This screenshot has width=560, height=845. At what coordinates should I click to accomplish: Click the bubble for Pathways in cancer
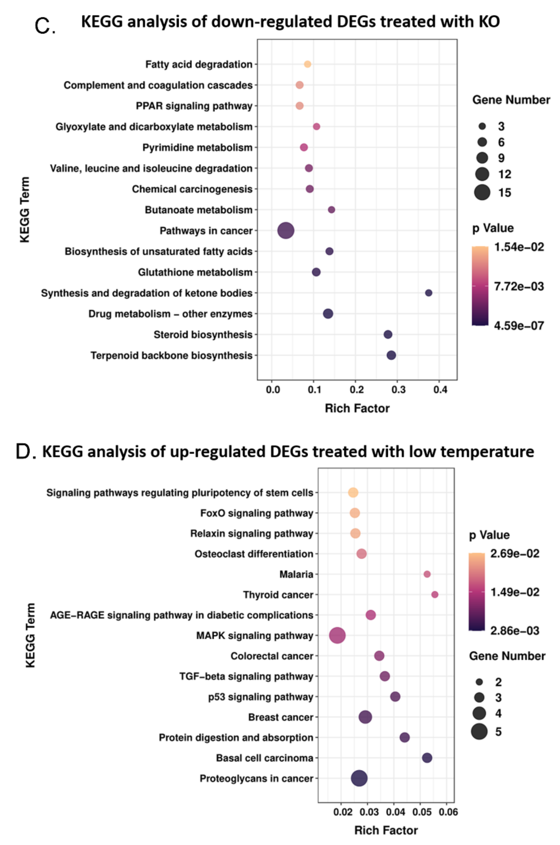(286, 231)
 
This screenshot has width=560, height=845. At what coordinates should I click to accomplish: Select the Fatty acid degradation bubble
(307, 64)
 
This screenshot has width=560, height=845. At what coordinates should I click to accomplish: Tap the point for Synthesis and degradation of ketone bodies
(429, 293)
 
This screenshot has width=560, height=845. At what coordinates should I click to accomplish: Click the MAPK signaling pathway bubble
(337, 635)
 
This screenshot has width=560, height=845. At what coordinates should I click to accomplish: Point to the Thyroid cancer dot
(435, 594)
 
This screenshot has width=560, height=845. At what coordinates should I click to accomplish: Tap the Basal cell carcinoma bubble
(427, 758)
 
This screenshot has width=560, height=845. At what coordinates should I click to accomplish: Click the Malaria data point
(427, 574)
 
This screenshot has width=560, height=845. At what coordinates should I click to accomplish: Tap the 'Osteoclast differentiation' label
(254, 554)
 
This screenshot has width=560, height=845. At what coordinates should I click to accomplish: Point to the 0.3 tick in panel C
(398, 389)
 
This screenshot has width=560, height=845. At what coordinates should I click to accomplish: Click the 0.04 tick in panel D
(395, 812)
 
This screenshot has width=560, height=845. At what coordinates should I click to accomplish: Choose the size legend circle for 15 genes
(482, 193)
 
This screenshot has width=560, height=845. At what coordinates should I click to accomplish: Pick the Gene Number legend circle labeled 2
(479, 682)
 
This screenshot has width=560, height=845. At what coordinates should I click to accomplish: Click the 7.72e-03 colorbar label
(519, 286)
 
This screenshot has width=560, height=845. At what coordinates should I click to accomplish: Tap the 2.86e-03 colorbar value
(515, 630)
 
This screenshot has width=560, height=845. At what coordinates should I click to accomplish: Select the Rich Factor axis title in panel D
(386, 830)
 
